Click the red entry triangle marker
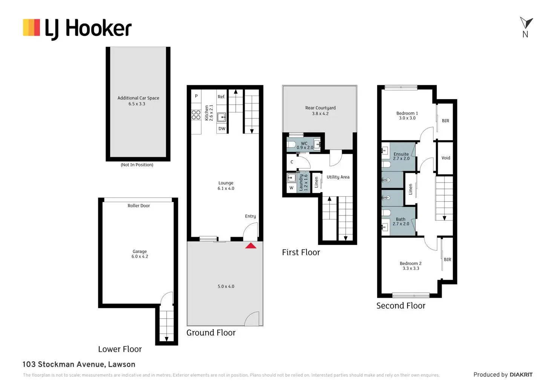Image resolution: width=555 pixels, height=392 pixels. click(x=251, y=246)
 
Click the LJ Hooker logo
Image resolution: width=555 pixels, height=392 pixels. click(x=77, y=29)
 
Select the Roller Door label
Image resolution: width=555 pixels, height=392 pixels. click(x=139, y=206)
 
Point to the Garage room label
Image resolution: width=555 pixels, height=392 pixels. click(x=140, y=254)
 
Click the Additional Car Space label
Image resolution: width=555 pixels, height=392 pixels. click(x=138, y=101)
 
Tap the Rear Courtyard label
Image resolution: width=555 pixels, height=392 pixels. click(x=320, y=110)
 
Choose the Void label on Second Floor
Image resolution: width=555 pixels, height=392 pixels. click(x=446, y=158)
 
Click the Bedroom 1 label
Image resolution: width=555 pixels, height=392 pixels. click(x=407, y=115)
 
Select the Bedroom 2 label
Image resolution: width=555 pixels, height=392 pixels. click(x=411, y=266)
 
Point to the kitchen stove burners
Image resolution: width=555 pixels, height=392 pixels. click(x=196, y=115)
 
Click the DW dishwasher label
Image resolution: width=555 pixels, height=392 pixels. click(x=222, y=129)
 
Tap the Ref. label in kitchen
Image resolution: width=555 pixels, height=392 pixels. click(x=221, y=97)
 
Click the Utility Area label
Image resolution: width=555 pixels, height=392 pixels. click(x=338, y=177)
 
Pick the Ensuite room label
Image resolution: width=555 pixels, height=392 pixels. click(x=401, y=156)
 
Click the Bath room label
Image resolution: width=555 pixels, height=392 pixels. click(x=401, y=221)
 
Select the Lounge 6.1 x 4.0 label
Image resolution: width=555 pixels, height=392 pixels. click(x=226, y=185)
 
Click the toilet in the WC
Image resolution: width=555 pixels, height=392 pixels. click(x=291, y=144)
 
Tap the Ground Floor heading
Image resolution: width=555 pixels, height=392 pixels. click(x=211, y=333)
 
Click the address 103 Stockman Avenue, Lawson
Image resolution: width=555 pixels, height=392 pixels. click(x=79, y=364)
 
